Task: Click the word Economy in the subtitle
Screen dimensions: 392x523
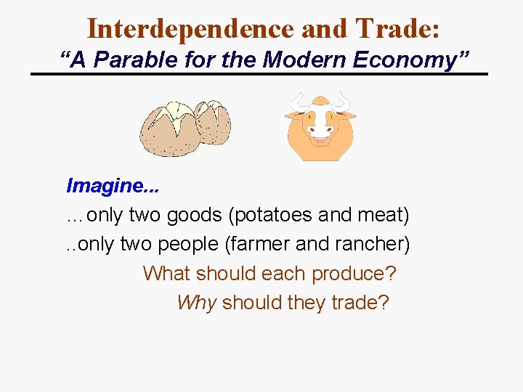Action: click(408, 60)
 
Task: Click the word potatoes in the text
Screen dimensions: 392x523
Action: click(272, 216)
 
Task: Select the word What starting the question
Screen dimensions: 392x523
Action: click(166, 274)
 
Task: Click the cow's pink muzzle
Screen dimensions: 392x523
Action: click(320, 131)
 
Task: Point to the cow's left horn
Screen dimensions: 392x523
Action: click(298, 102)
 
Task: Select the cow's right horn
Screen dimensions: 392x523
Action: click(342, 101)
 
